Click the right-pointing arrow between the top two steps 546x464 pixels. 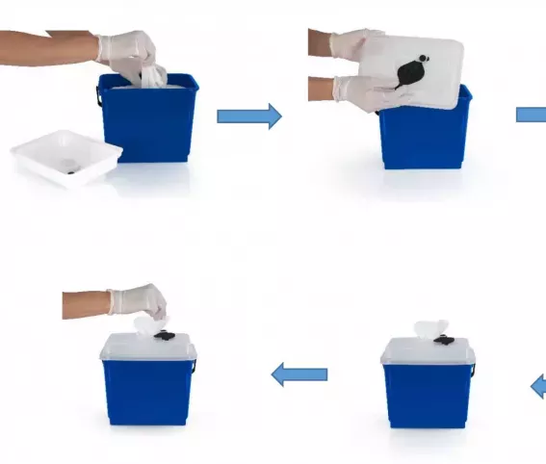tap(248, 116)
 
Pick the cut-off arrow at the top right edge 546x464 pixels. tap(532, 115)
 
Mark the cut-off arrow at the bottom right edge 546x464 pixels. tap(538, 387)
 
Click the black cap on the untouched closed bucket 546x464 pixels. tap(444, 340)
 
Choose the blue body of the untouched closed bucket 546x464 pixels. tap(428, 395)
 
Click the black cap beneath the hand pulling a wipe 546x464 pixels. tap(165, 336)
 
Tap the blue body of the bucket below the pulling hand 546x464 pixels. tap(147, 390)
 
